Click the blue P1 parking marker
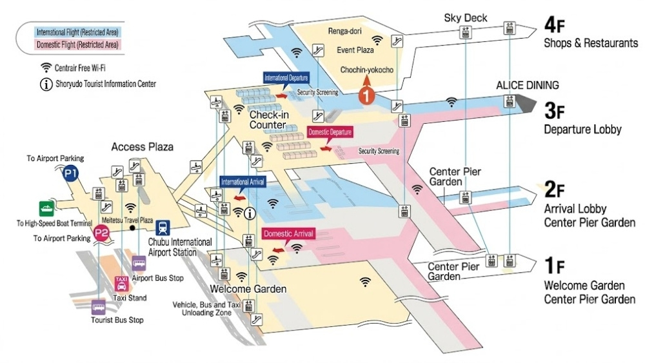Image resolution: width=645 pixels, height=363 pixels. tap(70, 173)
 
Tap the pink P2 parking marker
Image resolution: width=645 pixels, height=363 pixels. tap(101, 233)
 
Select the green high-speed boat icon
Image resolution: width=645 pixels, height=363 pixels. tap(46, 208)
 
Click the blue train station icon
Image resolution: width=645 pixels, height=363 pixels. tap(163, 228)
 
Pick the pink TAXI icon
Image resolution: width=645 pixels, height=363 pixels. tap(121, 283)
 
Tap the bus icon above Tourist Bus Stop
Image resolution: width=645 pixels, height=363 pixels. tap(98, 307)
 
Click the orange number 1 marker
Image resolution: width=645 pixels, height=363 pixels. tap(366, 95)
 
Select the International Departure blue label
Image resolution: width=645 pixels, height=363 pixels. tap(286, 78)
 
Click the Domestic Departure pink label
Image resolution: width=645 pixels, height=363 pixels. tap(330, 132)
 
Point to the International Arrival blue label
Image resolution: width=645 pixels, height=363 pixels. tap(243, 182)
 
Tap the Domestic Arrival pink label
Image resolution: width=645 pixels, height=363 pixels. tap(288, 233)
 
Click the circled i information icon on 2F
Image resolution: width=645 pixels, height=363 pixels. tap(250, 213)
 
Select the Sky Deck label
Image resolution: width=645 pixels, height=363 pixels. tap(465, 17)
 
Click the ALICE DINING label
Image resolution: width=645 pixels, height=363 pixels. tap(528, 85)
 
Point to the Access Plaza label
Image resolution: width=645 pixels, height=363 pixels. tap(143, 147)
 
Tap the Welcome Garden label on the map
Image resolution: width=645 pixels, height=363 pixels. tap(248, 289)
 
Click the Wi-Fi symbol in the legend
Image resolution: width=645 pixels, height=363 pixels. tap(46, 68)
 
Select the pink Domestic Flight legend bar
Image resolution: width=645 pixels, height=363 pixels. tap(77, 44)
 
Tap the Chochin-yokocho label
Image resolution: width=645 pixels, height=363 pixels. tap(366, 70)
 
